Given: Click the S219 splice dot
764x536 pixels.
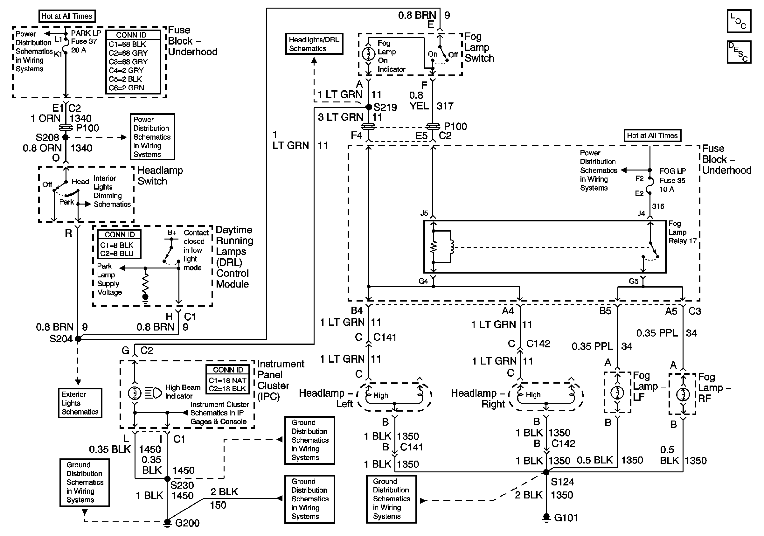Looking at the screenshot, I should (368, 107).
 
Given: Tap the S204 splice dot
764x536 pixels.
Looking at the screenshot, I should (78, 339).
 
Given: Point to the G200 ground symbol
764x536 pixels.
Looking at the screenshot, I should (167, 522).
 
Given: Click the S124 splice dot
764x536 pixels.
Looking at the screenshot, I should (546, 472).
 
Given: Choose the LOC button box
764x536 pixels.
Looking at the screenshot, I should (739, 21).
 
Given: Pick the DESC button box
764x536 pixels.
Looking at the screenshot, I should (739, 52).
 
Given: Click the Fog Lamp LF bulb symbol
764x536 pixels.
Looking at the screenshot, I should (617, 393).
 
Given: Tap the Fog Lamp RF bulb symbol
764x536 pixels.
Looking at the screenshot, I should (683, 394).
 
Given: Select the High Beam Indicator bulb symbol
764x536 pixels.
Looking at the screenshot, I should (135, 393).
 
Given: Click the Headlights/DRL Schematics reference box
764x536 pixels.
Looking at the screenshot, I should (314, 44).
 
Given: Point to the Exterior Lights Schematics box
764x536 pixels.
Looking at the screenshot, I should (80, 403).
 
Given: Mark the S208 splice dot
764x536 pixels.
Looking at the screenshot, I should (66, 137).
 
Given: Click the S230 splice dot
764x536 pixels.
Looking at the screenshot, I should (167, 478).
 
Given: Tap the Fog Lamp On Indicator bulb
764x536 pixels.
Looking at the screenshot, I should (368, 54).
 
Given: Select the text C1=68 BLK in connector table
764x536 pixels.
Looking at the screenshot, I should (128, 44).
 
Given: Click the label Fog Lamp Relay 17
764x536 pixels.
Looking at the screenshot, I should (682, 232).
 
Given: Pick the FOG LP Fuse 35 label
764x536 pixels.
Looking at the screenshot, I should (672, 180).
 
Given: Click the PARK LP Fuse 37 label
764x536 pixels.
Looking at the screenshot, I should (86, 41).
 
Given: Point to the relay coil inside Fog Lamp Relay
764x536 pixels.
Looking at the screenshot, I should (452, 247).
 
